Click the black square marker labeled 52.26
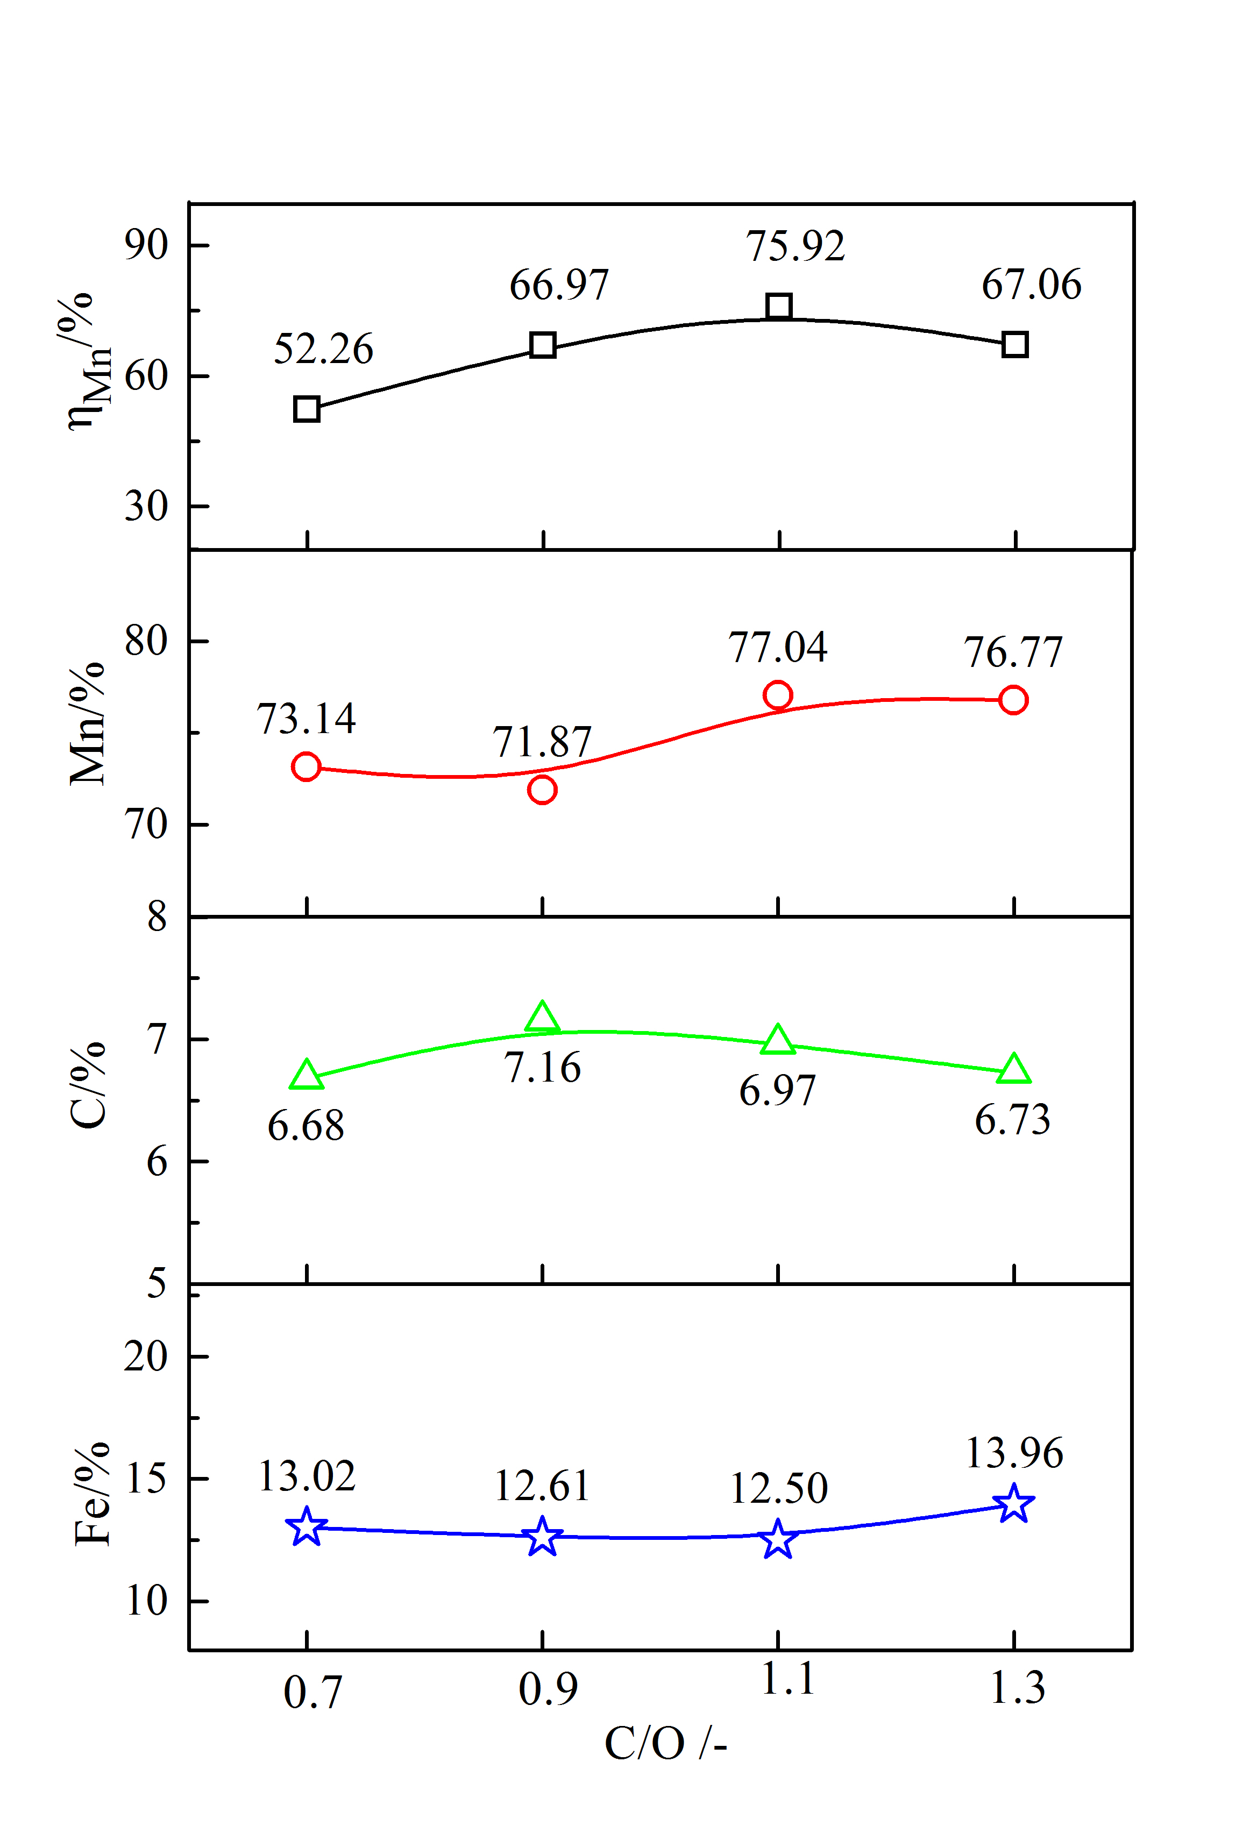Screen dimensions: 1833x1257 coord(306,409)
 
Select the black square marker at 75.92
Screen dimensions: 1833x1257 coord(778,306)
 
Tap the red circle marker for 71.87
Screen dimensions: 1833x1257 coord(542,790)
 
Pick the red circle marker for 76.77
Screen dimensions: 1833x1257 coord(1013,700)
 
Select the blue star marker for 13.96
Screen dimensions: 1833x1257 coord(1014,1503)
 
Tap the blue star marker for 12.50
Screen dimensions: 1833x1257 coord(778,1539)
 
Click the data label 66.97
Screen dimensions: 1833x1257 coord(559,285)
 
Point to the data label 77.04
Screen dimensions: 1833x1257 coord(778,648)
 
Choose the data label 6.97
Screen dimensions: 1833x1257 coord(778,1091)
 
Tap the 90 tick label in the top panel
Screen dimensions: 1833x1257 coord(147,245)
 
